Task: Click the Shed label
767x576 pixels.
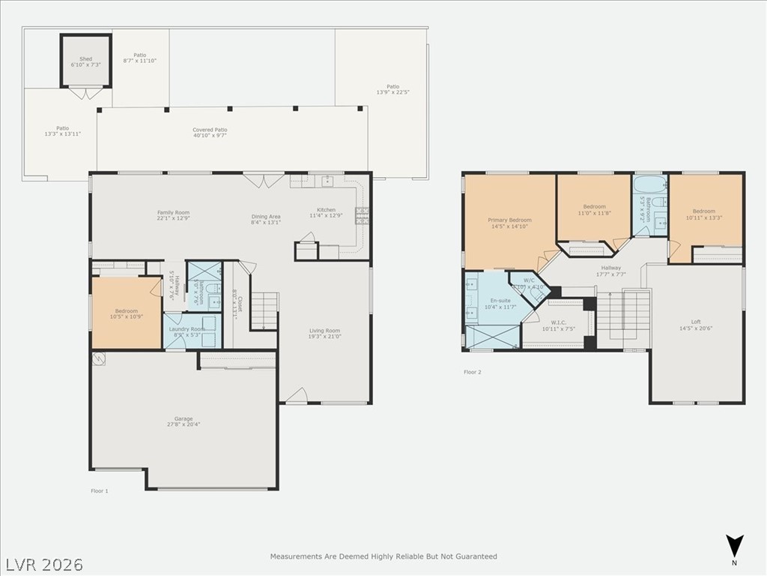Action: point(85,59)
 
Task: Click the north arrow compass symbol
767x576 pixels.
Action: point(735,545)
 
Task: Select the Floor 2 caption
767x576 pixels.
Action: point(472,372)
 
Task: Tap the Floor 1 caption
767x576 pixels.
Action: point(100,490)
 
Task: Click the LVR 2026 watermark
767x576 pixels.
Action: point(44,563)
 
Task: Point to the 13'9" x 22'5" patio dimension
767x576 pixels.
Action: point(393,92)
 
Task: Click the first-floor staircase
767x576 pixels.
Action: point(264,310)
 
